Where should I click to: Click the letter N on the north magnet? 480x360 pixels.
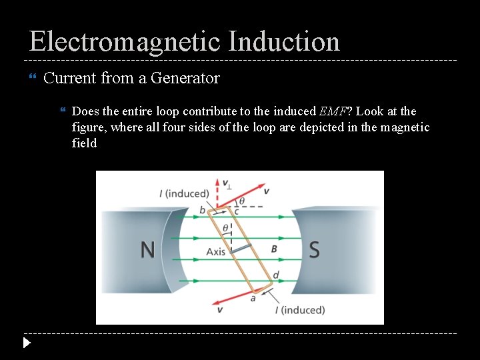(147, 250)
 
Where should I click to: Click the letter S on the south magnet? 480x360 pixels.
(314, 250)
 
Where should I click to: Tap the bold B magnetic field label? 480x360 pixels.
(274, 249)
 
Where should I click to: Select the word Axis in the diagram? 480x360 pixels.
(216, 252)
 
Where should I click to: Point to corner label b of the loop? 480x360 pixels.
(202, 211)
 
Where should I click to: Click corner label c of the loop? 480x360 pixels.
(236, 211)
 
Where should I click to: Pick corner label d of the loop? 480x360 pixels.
(276, 275)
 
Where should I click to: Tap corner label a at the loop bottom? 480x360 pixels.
(253, 298)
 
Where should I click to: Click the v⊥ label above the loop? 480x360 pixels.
(226, 183)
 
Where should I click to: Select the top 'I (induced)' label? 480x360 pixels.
(184, 193)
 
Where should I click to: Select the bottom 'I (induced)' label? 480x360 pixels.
(300, 310)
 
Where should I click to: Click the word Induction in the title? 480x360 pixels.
(284, 41)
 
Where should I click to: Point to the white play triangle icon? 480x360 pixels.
(26, 343)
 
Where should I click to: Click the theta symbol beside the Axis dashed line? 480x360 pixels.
(225, 228)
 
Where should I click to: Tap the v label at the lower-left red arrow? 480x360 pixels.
(220, 310)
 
